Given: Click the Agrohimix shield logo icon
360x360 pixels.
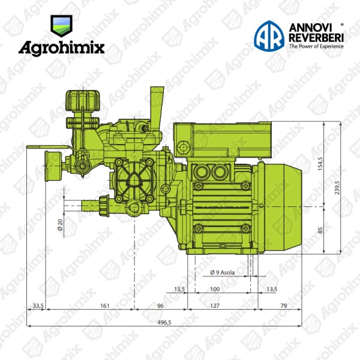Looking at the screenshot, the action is pos(61,26).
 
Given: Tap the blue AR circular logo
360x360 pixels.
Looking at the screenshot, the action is pos(269,36).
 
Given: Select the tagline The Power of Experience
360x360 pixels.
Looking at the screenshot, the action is pos(316,46).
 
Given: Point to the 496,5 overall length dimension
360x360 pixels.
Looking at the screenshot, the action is pos(164,322).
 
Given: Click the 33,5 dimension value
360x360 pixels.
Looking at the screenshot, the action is pos(38,305).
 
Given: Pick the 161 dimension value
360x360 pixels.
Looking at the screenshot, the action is pos(104,305).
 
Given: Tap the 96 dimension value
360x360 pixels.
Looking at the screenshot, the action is pos(160,305).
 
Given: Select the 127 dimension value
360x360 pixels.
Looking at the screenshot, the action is pos(215,305).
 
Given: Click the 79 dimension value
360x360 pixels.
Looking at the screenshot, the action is pos(284,305).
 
